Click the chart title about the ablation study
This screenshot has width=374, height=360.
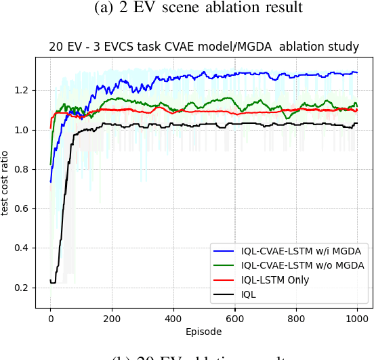pyautogui.click(x=203, y=47)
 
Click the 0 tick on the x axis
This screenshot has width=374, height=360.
pyautogui.click(x=50, y=319)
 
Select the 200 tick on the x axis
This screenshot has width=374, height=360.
pyautogui.click(x=112, y=319)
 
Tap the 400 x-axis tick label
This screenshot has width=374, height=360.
pyautogui.click(x=173, y=319)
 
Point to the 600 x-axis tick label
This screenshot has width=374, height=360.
pyautogui.click(x=235, y=319)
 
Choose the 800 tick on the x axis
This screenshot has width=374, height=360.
pyautogui.click(x=296, y=319)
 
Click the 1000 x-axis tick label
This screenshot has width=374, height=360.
pyautogui.click(x=357, y=319)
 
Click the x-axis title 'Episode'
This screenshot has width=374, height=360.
pyautogui.click(x=203, y=332)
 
